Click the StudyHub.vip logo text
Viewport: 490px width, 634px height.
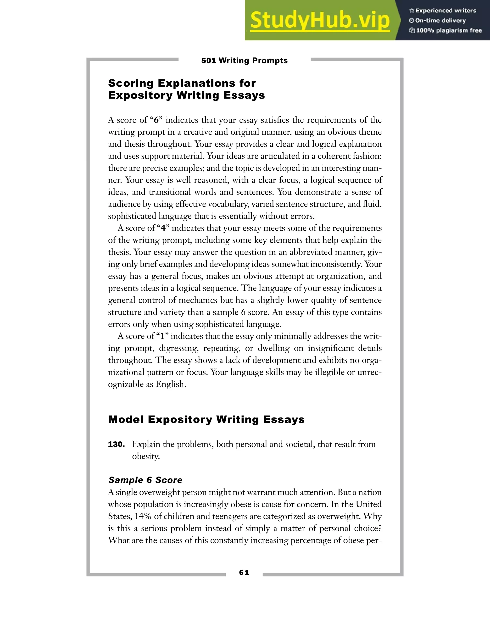[x=320, y=20]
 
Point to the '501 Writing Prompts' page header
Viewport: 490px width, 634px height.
[x=245, y=61]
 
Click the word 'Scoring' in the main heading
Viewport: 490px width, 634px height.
[x=131, y=83]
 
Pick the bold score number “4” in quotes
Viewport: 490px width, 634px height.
[x=163, y=228]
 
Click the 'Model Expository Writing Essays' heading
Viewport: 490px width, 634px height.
[x=206, y=419]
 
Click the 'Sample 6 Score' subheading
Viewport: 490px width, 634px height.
[x=145, y=480]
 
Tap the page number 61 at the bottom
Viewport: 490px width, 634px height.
[x=244, y=572]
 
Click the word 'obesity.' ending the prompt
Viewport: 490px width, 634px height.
[x=146, y=456]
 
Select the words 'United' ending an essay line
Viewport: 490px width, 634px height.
[x=369, y=504]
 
